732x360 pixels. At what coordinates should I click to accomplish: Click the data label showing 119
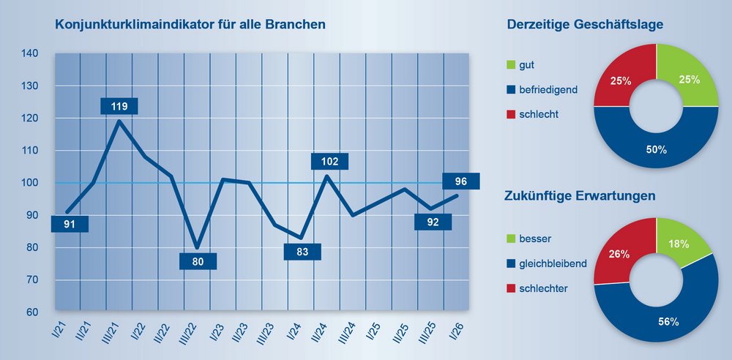click(x=119, y=107)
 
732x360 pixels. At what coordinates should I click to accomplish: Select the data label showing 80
click(x=198, y=260)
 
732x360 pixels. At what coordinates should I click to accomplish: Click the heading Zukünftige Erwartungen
click(x=579, y=196)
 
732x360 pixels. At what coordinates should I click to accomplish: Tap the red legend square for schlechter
click(x=511, y=289)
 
